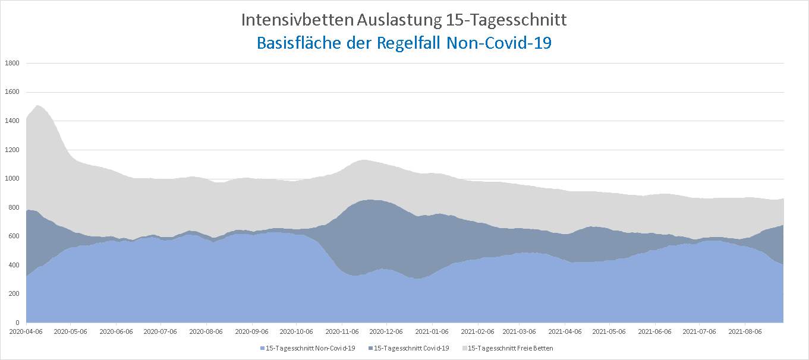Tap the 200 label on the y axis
(x=14, y=294)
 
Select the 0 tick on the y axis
(x=18, y=323)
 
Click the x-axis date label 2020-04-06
(x=26, y=331)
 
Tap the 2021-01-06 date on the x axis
(x=432, y=331)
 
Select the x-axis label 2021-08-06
(x=745, y=331)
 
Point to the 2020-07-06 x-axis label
(x=160, y=331)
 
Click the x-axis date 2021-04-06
(x=565, y=331)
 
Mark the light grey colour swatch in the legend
(x=465, y=348)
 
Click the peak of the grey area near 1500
(x=37, y=106)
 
